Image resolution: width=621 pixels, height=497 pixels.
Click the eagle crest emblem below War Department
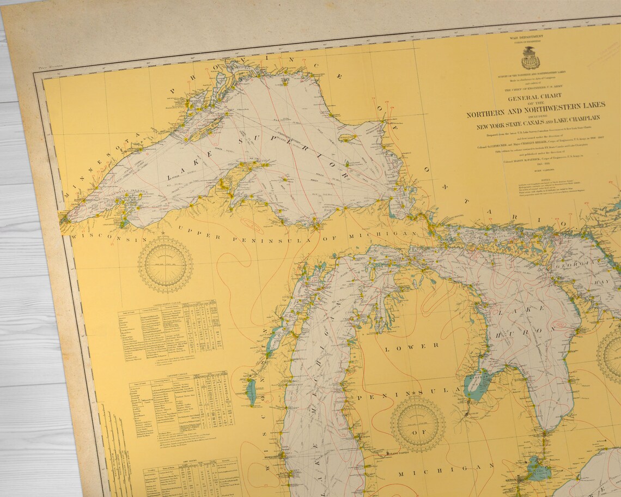529,57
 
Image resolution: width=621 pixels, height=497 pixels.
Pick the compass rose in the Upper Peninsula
165,264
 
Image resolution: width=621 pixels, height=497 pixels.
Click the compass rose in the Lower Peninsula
417,423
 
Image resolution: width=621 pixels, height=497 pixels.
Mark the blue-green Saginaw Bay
475,384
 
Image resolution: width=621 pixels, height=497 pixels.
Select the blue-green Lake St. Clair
538,468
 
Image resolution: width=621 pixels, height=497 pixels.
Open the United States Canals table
170,327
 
